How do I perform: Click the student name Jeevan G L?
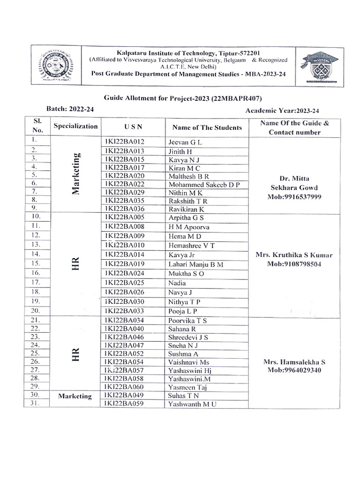pyautogui.click(x=185, y=142)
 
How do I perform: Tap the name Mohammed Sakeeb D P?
pyautogui.click(x=203, y=184)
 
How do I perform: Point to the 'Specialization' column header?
pyautogui.click(x=76, y=126)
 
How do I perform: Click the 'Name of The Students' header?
pyautogui.click(x=207, y=127)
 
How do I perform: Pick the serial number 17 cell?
pyautogui.click(x=35, y=282)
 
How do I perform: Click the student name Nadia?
pyautogui.click(x=177, y=283)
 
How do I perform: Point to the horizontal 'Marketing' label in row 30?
pyautogui.click(x=75, y=396)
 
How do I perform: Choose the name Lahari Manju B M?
pyautogui.click(x=195, y=264)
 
